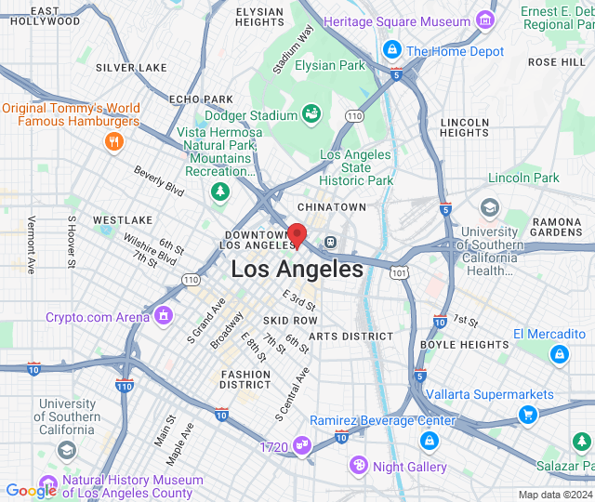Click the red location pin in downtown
297,235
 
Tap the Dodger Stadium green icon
311,114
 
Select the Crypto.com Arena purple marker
165,317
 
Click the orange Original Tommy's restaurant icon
113,141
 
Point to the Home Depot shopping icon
391,50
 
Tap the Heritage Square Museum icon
483,20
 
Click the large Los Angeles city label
297,270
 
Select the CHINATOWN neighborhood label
332,206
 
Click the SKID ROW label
290,321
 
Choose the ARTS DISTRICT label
350,337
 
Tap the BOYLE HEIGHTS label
465,345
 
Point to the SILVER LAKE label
131,68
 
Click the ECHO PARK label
201,99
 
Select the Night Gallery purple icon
358,465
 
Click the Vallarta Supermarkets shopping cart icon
528,415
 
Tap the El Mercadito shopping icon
558,353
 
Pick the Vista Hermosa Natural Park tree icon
220,192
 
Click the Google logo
31,491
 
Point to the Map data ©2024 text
554,495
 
